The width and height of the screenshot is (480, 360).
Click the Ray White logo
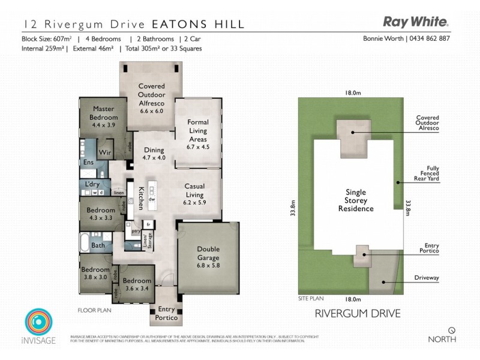(416, 22)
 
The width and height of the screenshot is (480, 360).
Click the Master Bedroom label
(103, 113)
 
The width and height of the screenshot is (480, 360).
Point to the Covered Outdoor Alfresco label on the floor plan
(151, 98)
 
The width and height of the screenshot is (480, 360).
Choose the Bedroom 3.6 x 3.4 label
(136, 284)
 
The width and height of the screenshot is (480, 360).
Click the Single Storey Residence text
(355, 200)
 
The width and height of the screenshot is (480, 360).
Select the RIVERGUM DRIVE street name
(358, 313)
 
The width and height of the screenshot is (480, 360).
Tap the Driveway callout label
(426, 278)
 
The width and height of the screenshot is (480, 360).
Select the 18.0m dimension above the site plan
(353, 93)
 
